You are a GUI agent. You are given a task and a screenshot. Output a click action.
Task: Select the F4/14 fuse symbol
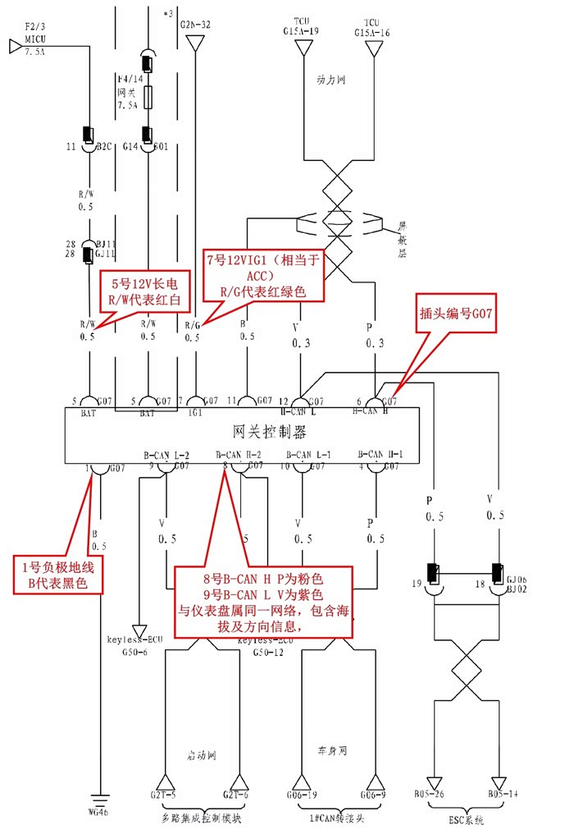147,99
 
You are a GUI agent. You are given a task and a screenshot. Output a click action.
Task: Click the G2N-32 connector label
195,25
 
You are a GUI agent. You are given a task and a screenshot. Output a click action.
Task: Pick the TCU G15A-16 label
372,26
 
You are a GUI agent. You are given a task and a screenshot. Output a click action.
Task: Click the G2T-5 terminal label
166,795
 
